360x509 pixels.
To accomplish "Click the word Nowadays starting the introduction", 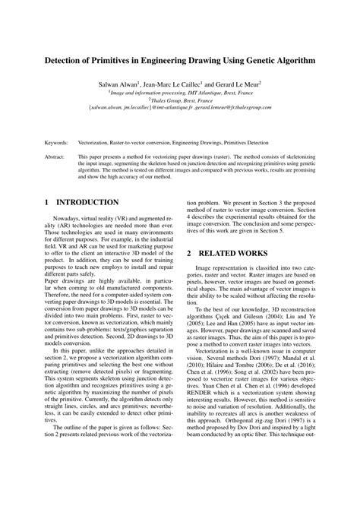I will point(66,218).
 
